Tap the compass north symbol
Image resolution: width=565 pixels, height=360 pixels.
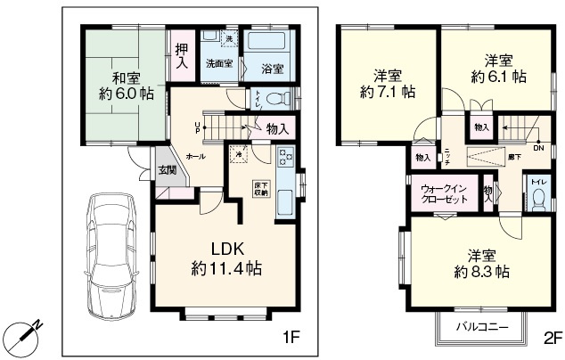tap(24, 336)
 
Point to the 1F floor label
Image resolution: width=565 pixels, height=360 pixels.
tap(291, 337)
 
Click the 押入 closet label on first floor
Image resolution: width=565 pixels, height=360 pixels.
tap(181, 57)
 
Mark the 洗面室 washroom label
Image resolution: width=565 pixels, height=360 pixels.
tap(218, 65)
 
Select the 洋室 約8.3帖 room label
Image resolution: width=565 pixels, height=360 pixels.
tap(481, 261)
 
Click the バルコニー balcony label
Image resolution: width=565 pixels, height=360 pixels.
tap(482, 326)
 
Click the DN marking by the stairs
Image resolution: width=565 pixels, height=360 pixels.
tap(538, 148)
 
